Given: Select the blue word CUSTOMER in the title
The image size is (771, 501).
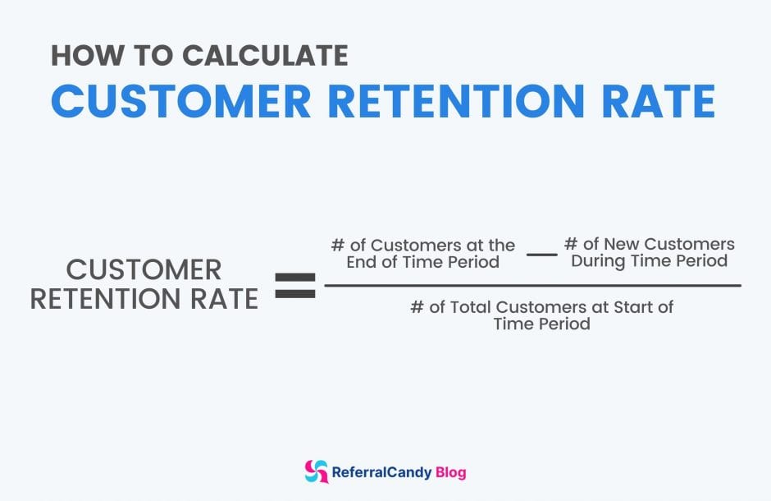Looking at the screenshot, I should (181, 102).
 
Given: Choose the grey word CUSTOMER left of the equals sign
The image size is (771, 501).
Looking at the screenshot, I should (144, 269).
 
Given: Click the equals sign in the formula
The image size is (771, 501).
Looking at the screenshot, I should (294, 286).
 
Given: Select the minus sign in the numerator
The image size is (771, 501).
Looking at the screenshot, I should (541, 255).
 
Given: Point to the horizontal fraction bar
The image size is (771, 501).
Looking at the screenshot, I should (532, 286).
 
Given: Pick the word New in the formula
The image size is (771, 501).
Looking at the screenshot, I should (621, 245).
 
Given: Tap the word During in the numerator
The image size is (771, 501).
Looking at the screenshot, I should (597, 261).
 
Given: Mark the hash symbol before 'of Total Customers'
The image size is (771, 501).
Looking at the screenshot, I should (417, 307).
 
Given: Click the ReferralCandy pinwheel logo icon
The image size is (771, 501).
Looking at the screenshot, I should (316, 471).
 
